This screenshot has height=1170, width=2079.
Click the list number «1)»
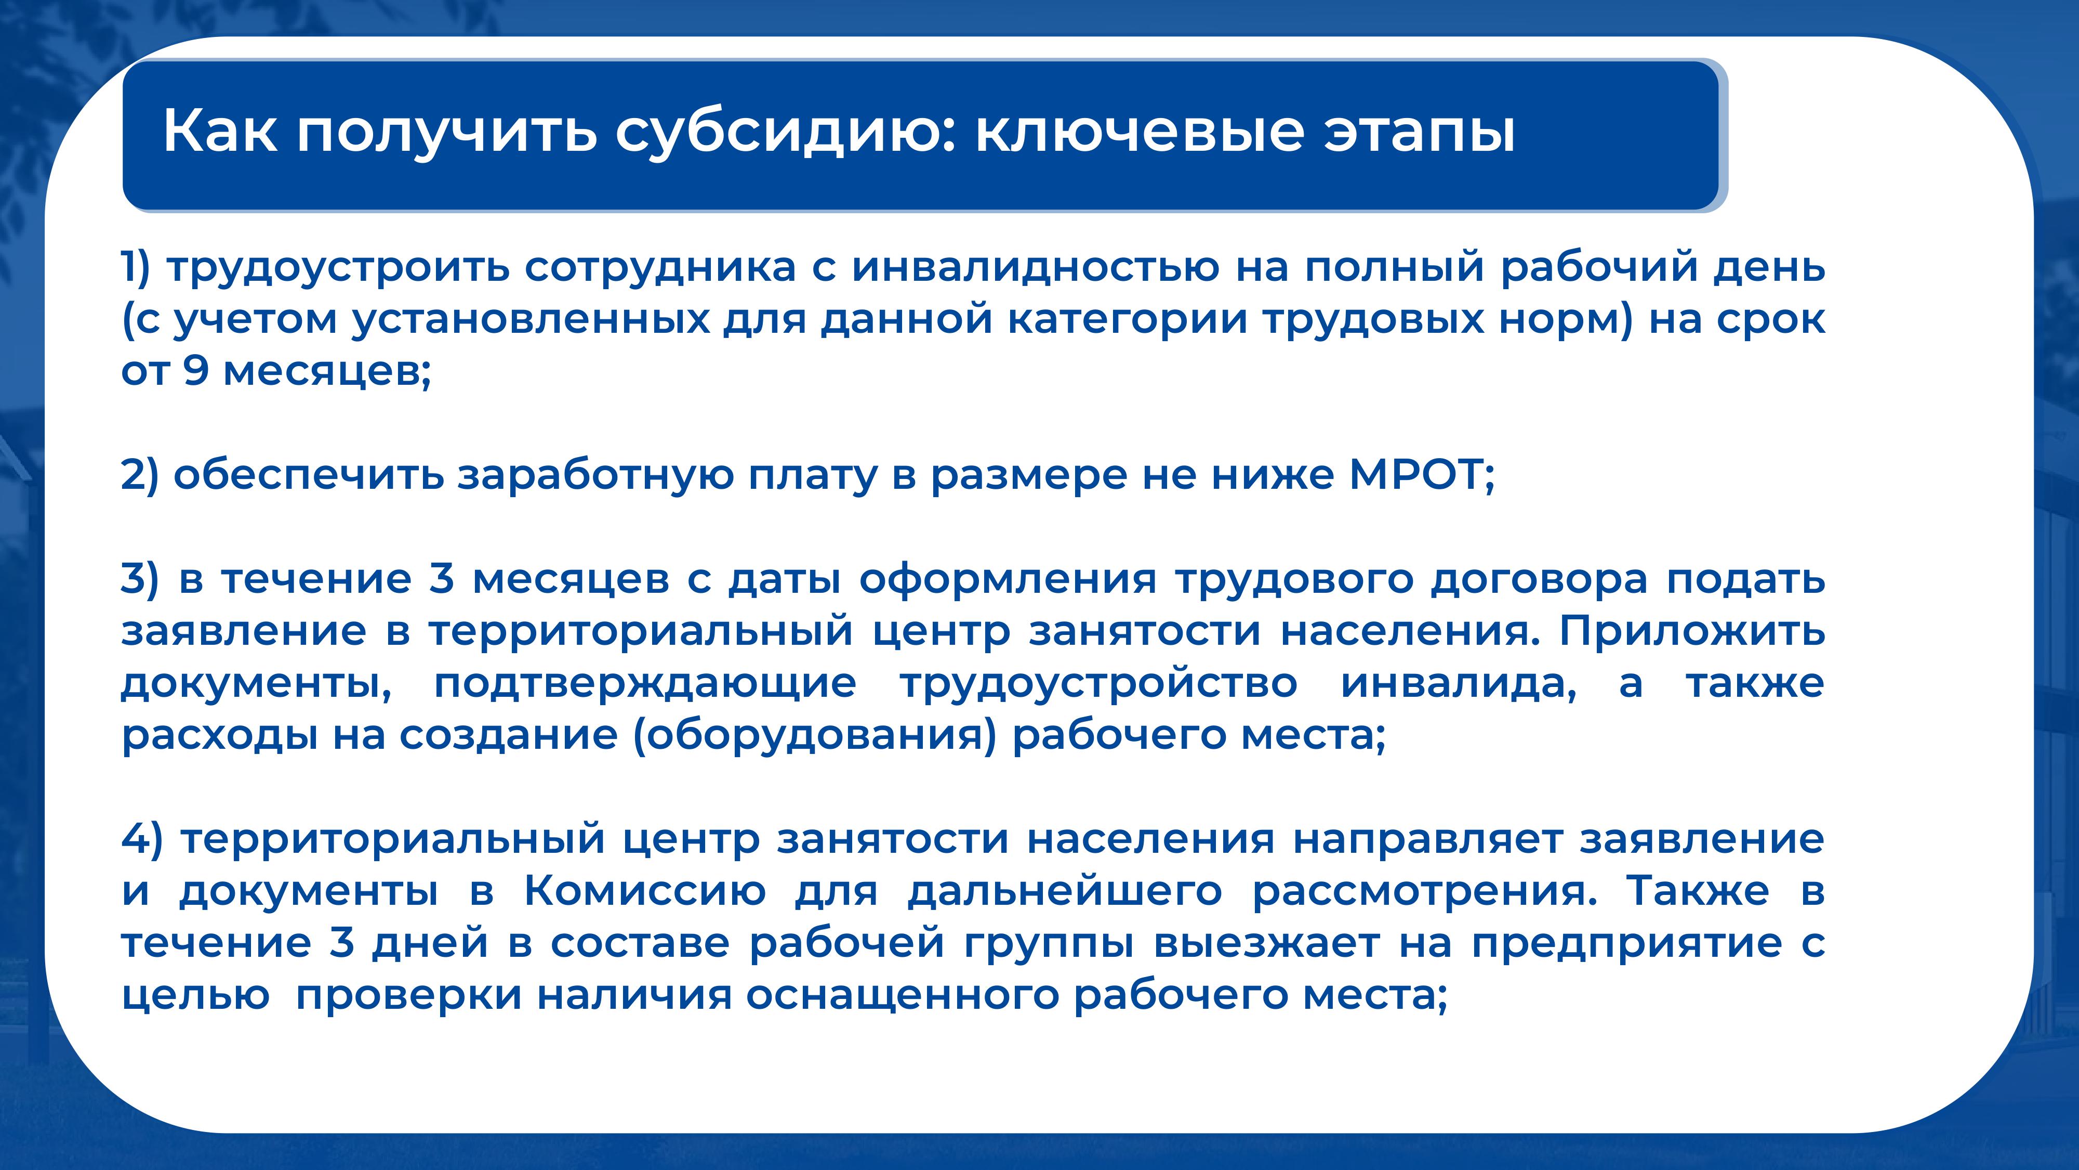[136, 267]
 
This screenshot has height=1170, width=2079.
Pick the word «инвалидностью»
[1036, 267]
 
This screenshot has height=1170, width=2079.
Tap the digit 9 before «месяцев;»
[196, 371]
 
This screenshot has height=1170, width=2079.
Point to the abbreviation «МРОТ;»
[1422, 475]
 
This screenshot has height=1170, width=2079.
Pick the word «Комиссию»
[645, 891]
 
